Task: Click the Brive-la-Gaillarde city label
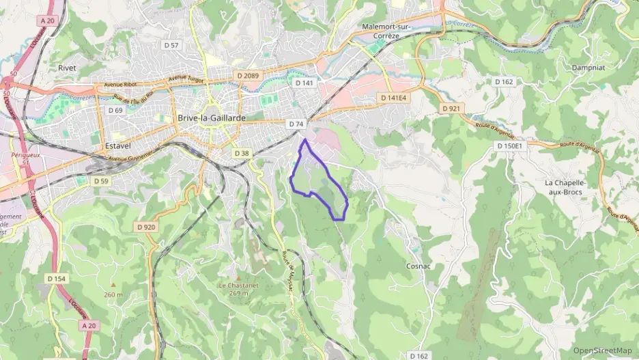211,117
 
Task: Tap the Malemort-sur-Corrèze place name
388,31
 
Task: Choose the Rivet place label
68,68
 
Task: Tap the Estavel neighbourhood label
118,146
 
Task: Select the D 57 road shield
171,45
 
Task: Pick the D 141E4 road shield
393,98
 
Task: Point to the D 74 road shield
296,124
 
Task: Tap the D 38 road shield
241,153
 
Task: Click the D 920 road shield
146,227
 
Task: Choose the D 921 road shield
451,109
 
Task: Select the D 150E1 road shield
509,146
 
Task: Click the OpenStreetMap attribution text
602,350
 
